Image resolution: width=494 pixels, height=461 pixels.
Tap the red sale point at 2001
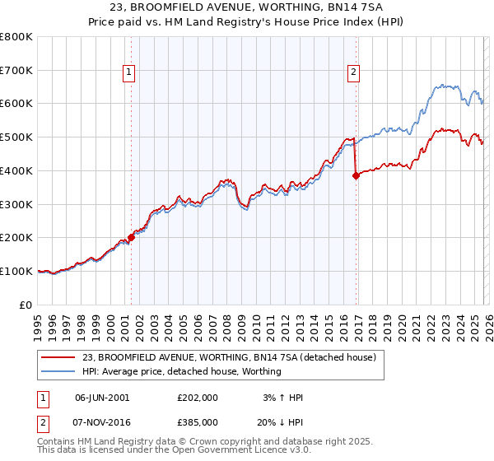pyautogui.click(x=131, y=236)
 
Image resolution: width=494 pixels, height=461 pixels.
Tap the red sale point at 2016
pyautogui.click(x=356, y=175)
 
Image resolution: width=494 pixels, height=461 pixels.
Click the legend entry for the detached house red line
pyautogui.click(x=229, y=357)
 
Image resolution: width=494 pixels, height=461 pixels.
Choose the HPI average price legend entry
pyautogui.click(x=182, y=371)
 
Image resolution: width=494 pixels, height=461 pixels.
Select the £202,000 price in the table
pyautogui.click(x=197, y=398)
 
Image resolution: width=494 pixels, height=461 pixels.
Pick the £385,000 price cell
pyautogui.click(x=197, y=422)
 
